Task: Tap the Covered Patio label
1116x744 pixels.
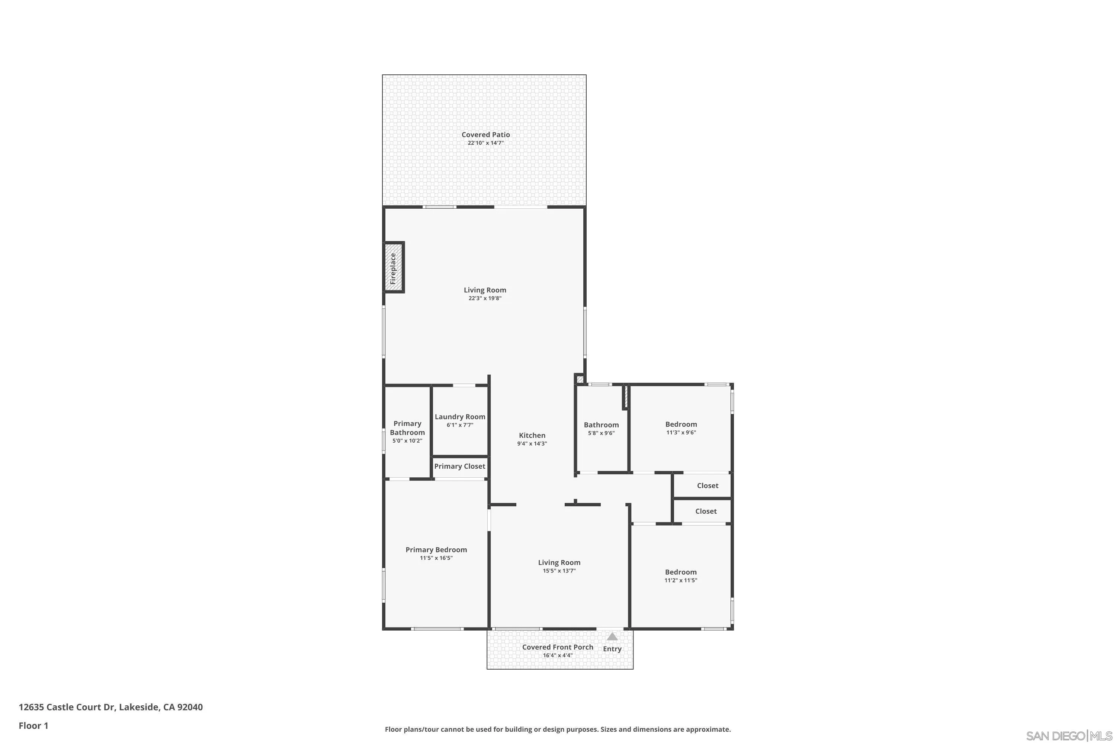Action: click(485, 135)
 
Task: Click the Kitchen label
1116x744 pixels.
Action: click(532, 435)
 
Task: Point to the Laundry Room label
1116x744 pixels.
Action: click(460, 417)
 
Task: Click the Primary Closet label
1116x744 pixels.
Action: click(459, 466)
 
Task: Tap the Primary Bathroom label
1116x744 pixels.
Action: click(407, 428)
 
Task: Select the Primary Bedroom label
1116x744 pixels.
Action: click(436, 549)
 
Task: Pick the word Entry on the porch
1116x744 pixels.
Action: click(612, 649)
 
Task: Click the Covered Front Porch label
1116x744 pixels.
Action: click(558, 647)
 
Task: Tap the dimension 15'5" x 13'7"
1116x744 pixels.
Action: click(559, 571)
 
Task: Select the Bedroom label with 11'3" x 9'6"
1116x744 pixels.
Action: click(681, 424)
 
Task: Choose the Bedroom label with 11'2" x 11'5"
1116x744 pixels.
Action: click(680, 572)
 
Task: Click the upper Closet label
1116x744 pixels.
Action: click(708, 485)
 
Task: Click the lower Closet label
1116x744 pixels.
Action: click(706, 511)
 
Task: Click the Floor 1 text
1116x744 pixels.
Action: click(33, 725)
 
